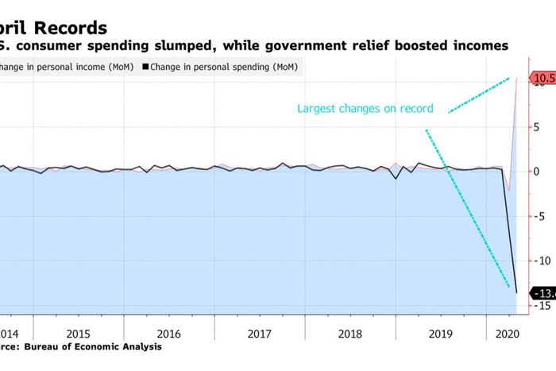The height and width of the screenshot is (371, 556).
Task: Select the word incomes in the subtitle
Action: (x=475, y=46)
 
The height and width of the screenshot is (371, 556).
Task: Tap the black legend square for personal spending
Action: (x=144, y=67)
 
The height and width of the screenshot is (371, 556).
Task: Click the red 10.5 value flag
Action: (x=544, y=78)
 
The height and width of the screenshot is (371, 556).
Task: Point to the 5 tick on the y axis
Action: (x=537, y=126)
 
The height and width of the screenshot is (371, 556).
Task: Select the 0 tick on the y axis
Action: (x=537, y=171)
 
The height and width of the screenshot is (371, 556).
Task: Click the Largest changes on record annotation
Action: (x=365, y=108)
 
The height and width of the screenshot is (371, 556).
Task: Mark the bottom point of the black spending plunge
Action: (x=516, y=292)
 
